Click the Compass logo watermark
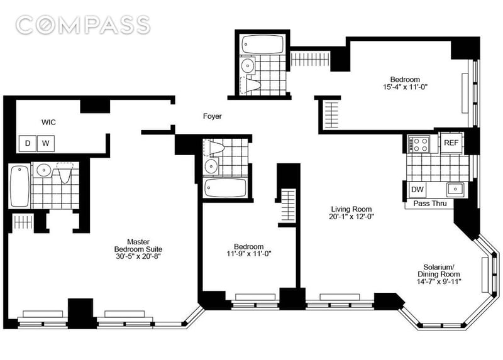pos(83,25)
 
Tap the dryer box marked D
pos(28,143)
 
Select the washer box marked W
pos(46,143)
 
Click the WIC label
pos(48,122)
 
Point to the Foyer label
pos(213,116)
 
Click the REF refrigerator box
pos(451,143)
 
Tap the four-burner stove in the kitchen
pos(418,145)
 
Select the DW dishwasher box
pos(417,190)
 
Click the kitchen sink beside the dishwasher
pos(455,190)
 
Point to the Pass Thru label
pos(430,204)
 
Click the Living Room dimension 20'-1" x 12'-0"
pos(351,217)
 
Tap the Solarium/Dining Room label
pos(439,271)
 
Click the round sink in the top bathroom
pos(247,66)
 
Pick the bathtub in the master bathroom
pos(19,186)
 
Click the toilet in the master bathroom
pos(65,172)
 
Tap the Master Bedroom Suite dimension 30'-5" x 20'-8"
pos(138,256)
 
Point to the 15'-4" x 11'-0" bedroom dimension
pos(405,87)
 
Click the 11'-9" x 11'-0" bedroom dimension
pos(249,254)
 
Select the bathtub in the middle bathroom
pos(226,188)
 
